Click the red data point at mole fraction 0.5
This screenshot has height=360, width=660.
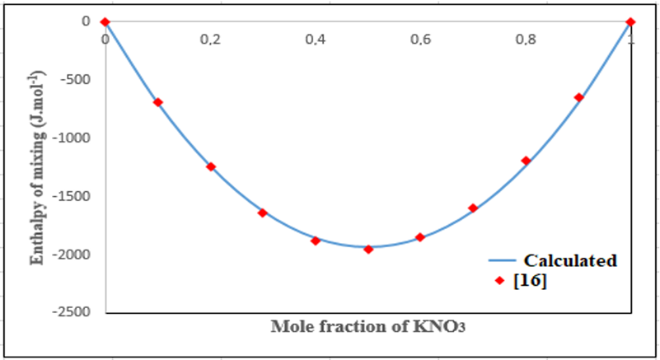[368, 249]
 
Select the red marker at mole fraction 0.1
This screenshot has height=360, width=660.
[157, 102]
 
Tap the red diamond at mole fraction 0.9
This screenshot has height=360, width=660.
[579, 97]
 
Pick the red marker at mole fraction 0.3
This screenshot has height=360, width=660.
[263, 213]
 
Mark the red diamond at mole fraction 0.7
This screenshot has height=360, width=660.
[473, 208]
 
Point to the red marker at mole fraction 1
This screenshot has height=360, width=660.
[631, 21]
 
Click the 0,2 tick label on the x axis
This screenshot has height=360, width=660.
[210, 39]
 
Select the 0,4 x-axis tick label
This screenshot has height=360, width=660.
[316, 39]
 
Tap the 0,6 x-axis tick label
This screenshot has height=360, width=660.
[420, 39]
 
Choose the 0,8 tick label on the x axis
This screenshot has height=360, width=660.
[526, 39]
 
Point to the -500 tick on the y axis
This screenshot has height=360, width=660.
[78, 80]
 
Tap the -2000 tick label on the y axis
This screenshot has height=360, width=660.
[75, 255]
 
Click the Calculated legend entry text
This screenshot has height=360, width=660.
[570, 261]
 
